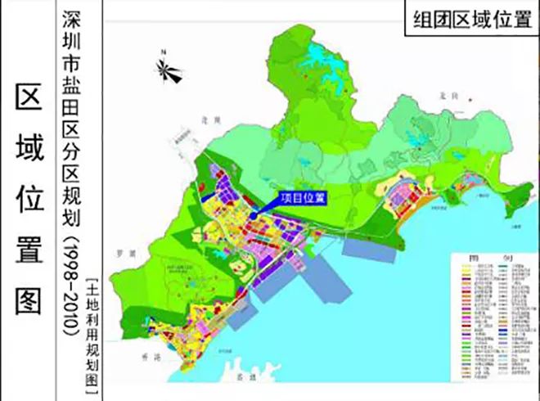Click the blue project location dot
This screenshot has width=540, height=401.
(255, 214)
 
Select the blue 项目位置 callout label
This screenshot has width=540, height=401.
(302, 197)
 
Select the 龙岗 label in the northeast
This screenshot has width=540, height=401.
(445, 97)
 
